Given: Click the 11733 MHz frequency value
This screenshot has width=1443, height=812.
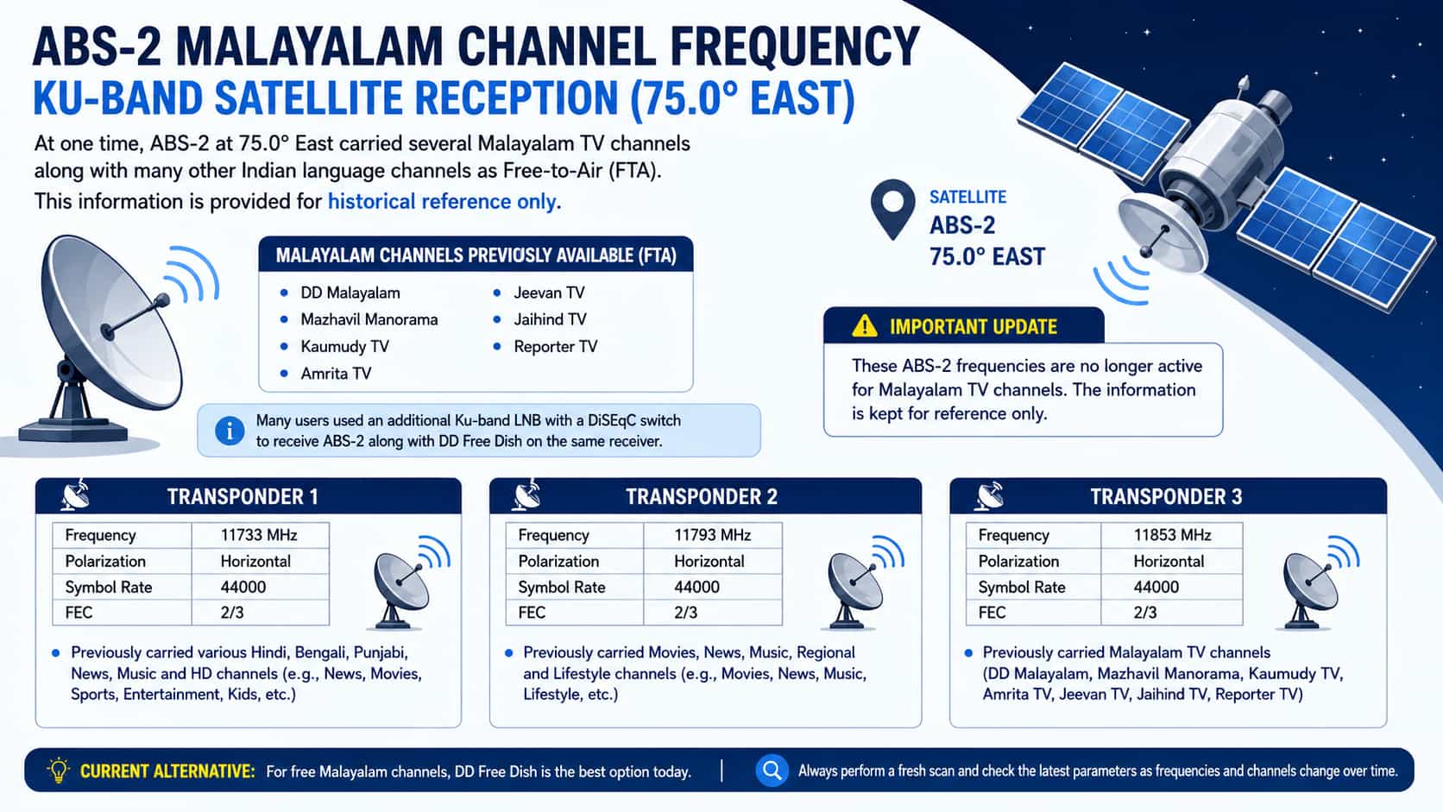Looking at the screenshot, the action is (x=258, y=535).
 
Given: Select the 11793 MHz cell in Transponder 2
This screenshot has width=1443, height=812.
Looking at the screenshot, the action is (x=713, y=535).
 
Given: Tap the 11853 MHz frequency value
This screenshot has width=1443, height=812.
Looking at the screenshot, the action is (x=1172, y=535).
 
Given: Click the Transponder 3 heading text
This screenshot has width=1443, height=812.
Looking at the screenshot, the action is (x=1166, y=496).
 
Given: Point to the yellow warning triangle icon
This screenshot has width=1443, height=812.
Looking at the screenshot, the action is (x=864, y=326).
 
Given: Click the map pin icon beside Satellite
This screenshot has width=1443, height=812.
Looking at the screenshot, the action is (x=893, y=209).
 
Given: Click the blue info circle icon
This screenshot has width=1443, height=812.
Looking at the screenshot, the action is (x=230, y=431).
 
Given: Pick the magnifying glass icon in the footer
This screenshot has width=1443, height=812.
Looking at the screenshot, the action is (x=772, y=770).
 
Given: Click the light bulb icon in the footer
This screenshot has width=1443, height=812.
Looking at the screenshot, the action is (x=58, y=770).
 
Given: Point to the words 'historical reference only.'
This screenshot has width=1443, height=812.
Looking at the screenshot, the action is (x=444, y=202).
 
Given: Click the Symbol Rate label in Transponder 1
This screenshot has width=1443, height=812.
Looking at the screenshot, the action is (x=108, y=588).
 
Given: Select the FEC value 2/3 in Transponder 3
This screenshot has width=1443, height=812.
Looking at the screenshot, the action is (x=1144, y=613).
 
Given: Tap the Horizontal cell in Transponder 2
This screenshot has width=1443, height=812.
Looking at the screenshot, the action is (x=709, y=562).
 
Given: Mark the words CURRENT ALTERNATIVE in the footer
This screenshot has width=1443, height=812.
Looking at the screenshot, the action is (x=167, y=771).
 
